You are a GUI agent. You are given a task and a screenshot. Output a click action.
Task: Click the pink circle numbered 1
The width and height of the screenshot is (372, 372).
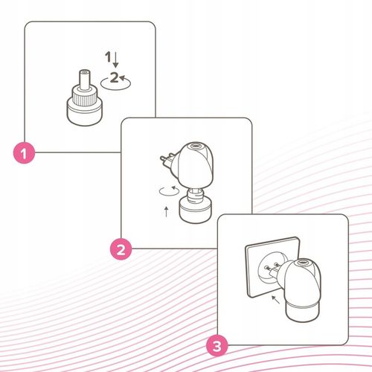click(x=24, y=153)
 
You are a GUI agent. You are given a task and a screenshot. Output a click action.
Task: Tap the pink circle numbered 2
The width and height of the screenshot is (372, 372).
click(x=121, y=249)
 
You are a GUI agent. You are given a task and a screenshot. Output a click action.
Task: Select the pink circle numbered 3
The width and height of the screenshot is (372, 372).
click(x=217, y=346)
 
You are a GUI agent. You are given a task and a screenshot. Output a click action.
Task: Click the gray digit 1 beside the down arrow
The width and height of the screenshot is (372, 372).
click(x=108, y=57)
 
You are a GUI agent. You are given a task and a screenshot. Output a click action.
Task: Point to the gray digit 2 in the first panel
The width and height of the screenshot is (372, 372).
click(x=115, y=77)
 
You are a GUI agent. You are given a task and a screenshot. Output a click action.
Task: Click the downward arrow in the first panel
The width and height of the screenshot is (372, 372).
click(x=115, y=60)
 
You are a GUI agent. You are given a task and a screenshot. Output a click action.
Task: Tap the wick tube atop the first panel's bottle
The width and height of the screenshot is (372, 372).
click(x=84, y=79)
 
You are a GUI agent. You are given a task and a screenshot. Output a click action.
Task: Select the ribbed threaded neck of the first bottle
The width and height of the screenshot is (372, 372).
click(x=84, y=95)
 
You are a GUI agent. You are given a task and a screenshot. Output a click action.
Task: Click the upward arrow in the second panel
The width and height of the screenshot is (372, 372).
click(x=167, y=211)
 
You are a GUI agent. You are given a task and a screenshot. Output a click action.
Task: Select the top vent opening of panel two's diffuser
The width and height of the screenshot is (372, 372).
click(x=196, y=146)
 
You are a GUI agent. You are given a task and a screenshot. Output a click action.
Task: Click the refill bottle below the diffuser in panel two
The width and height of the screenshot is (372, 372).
click(x=196, y=206)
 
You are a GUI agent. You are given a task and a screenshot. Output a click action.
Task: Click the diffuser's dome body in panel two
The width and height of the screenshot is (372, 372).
click(x=196, y=165)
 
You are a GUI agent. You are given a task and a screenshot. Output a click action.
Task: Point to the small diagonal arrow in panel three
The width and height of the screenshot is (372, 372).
click(x=275, y=299)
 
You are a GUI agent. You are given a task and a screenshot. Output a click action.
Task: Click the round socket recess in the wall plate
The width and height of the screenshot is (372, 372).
click(x=270, y=270)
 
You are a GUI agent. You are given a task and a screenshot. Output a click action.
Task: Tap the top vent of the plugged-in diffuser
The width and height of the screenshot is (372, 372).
click(x=303, y=262)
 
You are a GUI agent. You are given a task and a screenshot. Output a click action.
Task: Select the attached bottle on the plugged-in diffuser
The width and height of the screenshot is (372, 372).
click(x=302, y=311)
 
